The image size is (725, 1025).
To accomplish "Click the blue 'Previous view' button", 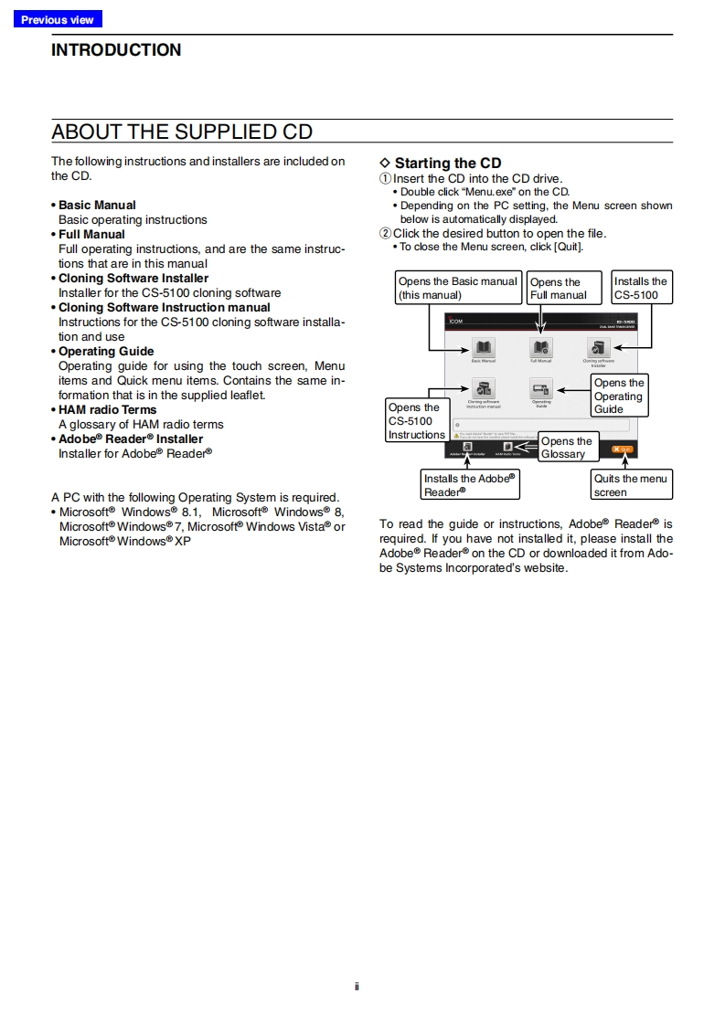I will point(58,19).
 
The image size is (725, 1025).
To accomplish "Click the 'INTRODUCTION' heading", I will point(116,50).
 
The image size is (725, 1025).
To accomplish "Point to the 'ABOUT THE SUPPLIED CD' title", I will point(182,132).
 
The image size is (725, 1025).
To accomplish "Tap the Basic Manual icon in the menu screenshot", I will point(483,348).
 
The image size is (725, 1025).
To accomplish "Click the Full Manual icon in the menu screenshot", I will point(541,348).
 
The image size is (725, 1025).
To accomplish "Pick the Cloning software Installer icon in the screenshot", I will point(599,348).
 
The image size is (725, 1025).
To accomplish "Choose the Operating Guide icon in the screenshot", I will point(541,389).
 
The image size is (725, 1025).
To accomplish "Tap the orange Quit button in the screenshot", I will point(622,449).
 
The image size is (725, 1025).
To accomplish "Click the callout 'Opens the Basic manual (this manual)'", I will point(458,288).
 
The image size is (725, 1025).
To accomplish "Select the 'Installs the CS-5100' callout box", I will point(641,288).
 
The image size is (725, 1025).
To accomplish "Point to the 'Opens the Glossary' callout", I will point(567,448).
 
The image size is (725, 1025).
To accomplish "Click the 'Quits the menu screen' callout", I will point(632,485).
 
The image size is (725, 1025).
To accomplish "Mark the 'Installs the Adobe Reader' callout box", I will point(470,485).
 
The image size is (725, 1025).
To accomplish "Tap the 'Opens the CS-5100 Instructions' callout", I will point(417,421).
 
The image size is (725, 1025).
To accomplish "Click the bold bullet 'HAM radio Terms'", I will point(107,409).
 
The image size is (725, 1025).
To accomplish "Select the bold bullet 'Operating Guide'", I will point(106,351).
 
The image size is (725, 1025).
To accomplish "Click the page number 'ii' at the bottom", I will point(357,986).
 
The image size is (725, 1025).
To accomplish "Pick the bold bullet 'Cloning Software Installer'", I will point(133,278).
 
